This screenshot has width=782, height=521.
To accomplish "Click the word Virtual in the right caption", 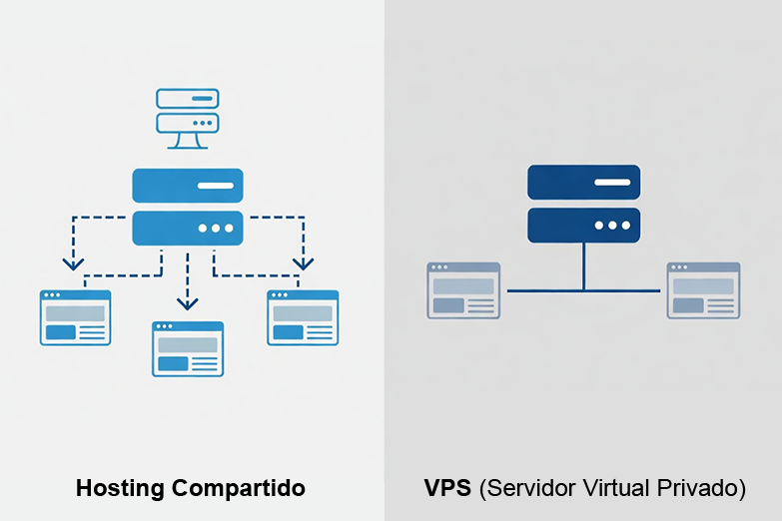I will tap(615, 489).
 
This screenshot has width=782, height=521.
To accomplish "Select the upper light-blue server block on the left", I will tap(187, 186).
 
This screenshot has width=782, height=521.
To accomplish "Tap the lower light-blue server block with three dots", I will tap(187, 228).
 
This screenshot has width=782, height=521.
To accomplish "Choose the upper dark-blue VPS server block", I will tap(583, 183).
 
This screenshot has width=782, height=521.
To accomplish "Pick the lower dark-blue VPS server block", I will tap(583, 225).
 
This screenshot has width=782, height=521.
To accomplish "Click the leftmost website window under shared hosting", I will tap(76, 317).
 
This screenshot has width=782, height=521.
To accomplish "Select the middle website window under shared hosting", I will tap(188, 348).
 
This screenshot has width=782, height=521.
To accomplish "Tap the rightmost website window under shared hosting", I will tap(303, 317).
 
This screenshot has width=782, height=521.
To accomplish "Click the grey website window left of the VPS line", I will tap(463, 290).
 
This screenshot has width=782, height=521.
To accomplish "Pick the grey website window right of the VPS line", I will tap(704, 290).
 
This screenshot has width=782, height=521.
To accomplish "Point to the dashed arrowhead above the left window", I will tap(72, 263).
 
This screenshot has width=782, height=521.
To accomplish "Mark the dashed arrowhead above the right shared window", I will tap(303, 263).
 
